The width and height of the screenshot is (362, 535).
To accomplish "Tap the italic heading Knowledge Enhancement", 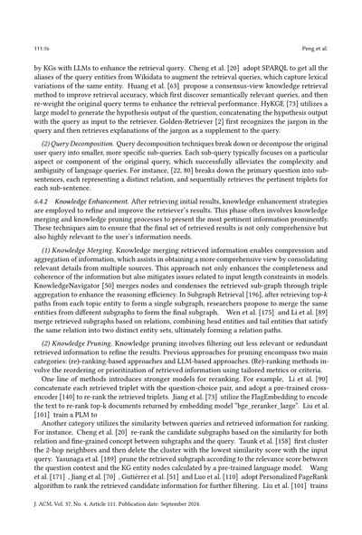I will (104, 209).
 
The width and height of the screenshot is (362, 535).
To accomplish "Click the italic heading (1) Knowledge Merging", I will (83, 255).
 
